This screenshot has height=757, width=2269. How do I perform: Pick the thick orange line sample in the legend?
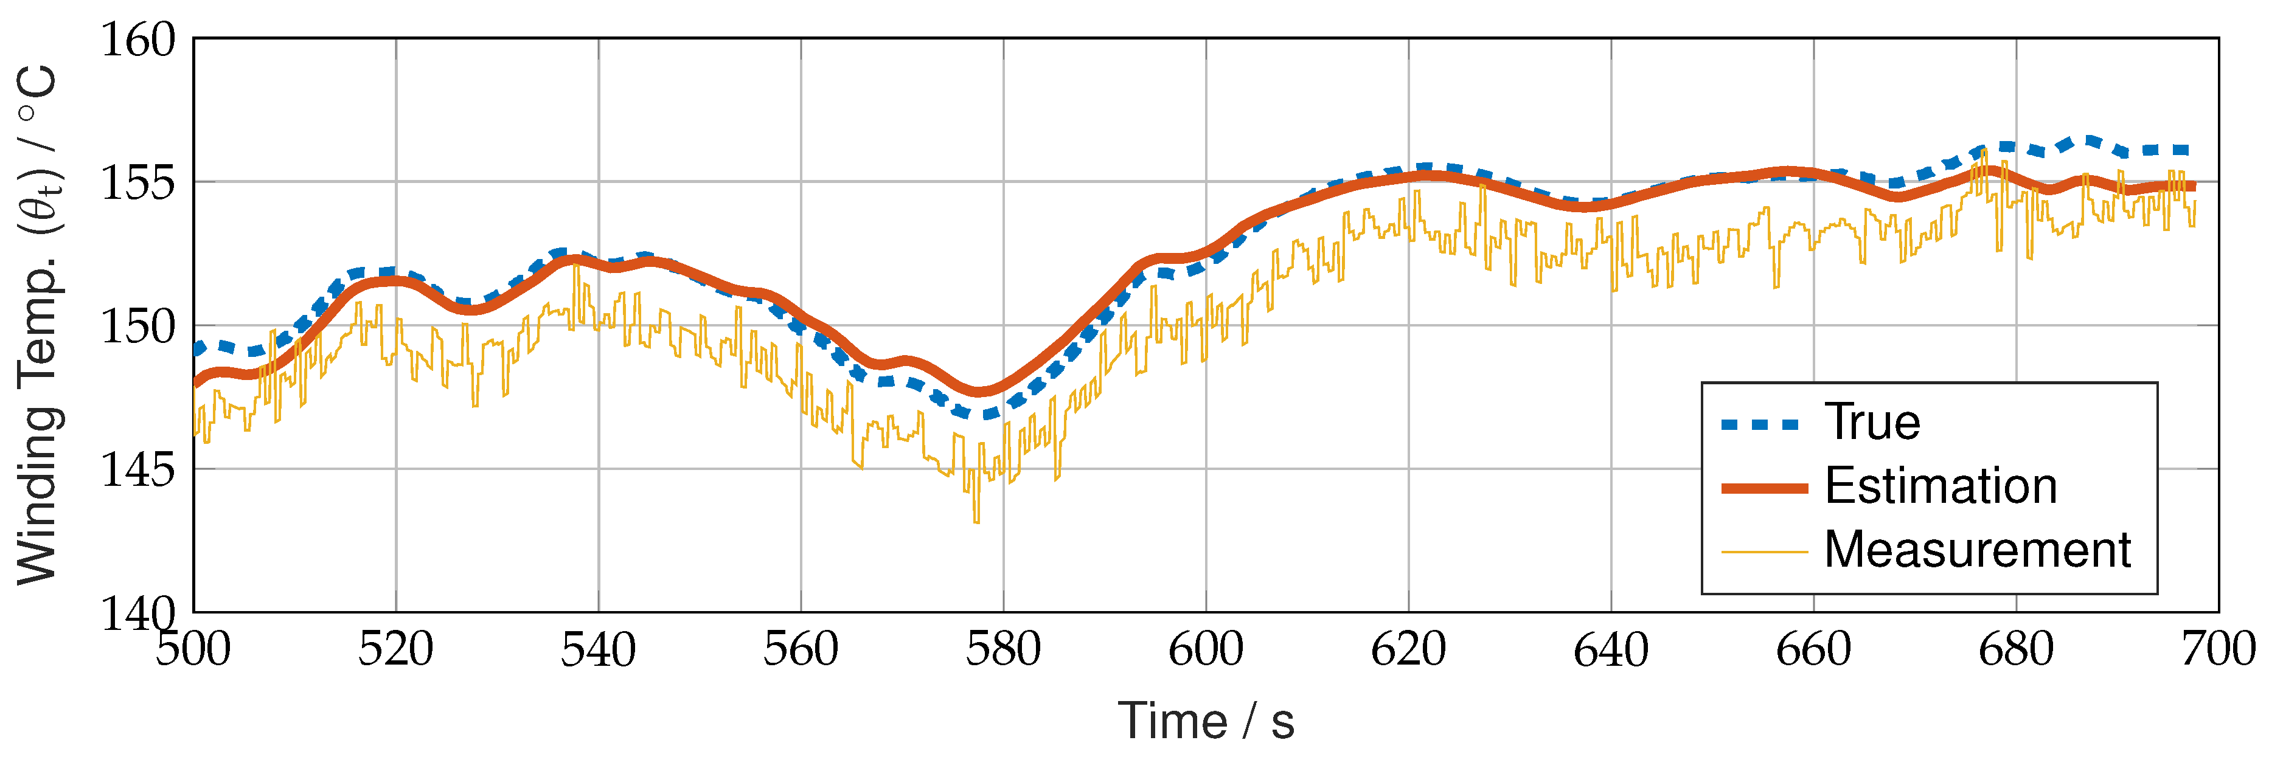pyautogui.click(x=1763, y=488)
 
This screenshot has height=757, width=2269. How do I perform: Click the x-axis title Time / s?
pyautogui.click(x=1205, y=722)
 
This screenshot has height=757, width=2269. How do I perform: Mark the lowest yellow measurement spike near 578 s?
pyautogui.click(x=976, y=521)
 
